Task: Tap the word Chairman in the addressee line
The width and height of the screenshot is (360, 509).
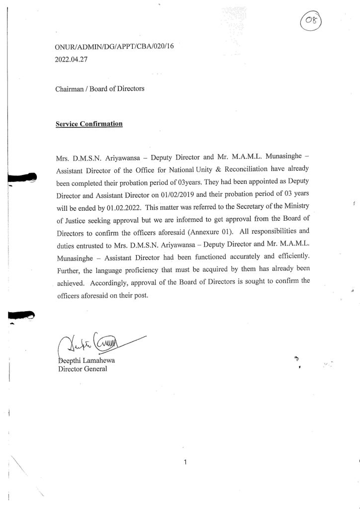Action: point(70,90)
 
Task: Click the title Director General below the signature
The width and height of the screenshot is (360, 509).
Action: point(82,369)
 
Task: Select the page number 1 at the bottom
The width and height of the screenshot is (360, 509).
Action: point(184,463)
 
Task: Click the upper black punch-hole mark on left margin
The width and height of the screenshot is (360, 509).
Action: point(23,177)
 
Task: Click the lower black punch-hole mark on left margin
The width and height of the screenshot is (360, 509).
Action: point(23,315)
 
